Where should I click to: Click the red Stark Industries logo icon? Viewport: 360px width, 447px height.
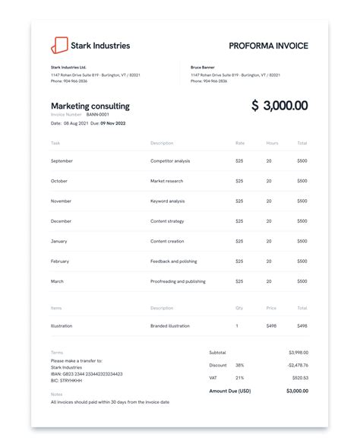click(58, 46)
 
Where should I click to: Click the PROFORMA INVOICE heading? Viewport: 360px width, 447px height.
click(268, 46)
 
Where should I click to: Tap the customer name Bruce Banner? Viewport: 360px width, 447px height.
click(203, 67)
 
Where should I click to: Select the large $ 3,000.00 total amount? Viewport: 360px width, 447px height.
click(279, 106)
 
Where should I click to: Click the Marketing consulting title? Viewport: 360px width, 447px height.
click(90, 106)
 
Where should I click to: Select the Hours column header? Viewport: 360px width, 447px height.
click(272, 143)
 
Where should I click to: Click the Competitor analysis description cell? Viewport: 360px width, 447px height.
click(171, 161)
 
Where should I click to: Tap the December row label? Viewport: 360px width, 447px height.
click(61, 221)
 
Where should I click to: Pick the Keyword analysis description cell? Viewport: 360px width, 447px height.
click(167, 201)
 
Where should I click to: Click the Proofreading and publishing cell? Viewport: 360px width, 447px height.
click(177, 281)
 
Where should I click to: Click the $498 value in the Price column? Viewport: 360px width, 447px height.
click(271, 325)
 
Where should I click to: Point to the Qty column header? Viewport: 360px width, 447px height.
click(240, 309)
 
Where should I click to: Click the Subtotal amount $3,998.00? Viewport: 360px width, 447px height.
click(298, 353)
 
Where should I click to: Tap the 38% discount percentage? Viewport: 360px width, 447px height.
click(239, 365)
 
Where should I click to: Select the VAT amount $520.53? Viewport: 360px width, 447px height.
click(300, 377)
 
